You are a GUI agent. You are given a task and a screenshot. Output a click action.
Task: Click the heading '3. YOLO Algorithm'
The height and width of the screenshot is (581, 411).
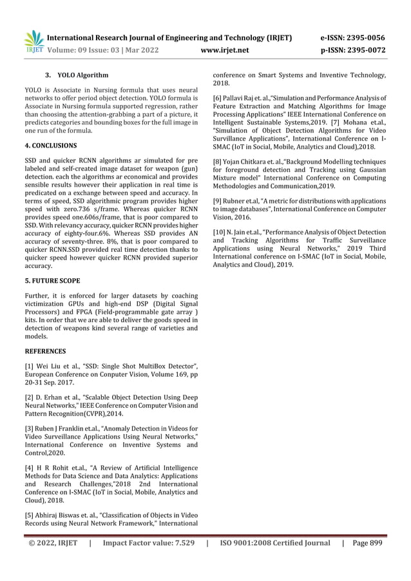[x=77, y=75]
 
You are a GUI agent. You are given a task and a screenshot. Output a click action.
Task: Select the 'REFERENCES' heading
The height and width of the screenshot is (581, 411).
[x=45, y=351]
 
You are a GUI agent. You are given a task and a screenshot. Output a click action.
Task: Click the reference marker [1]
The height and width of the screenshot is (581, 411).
[x=30, y=367]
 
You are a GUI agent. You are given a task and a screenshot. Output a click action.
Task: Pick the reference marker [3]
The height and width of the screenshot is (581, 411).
[x=30, y=428]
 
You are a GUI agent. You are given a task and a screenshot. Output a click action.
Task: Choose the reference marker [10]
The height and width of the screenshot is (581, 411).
[x=221, y=229]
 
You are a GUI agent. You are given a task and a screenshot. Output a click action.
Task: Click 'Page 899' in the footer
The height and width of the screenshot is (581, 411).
[x=368, y=543]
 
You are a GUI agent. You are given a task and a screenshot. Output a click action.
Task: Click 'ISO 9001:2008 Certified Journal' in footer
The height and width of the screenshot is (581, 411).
[x=274, y=543]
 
